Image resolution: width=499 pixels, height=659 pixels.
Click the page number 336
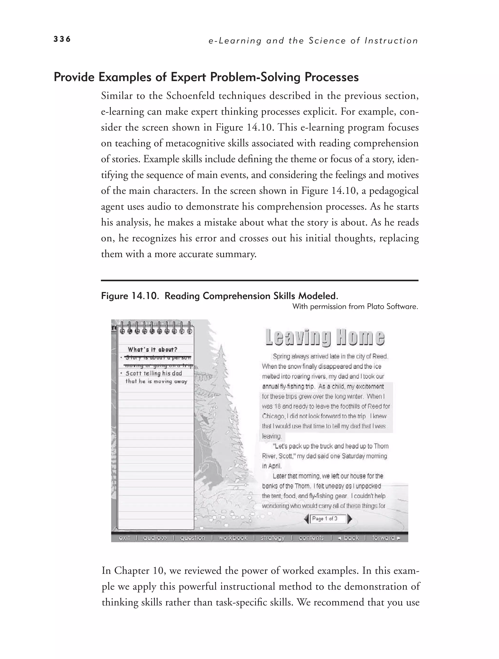pyautogui.click(x=62, y=39)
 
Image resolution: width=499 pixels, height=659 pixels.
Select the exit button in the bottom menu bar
pyautogui.click(x=124, y=538)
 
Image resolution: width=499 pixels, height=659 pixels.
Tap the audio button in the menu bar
pyautogui.click(x=155, y=538)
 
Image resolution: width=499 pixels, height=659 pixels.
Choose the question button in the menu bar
pyautogui.click(x=192, y=538)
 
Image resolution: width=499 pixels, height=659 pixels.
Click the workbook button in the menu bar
pyautogui.click(x=233, y=538)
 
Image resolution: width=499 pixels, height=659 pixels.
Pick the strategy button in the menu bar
pyautogui.click(x=272, y=538)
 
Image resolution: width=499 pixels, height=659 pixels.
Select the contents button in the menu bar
pyautogui.click(x=311, y=538)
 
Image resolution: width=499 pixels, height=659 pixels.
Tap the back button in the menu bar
pyautogui.click(x=349, y=538)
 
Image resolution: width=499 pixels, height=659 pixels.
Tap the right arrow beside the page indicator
pyautogui.click(x=350, y=519)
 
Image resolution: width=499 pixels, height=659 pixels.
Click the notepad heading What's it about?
pyautogui.click(x=152, y=349)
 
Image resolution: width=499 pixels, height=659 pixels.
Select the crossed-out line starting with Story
pyautogui.click(x=158, y=358)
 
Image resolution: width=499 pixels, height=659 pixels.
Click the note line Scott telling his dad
pyautogui.click(x=154, y=373)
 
